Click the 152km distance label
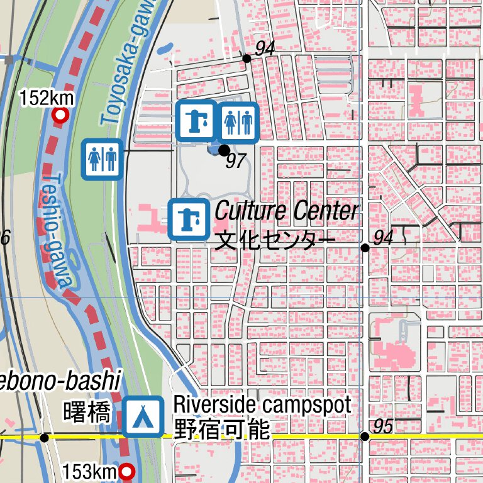[x=47, y=99]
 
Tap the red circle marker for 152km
[x=61, y=116]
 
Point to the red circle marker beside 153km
[x=128, y=471]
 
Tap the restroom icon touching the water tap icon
[x=238, y=121]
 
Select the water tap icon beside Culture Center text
[x=189, y=219]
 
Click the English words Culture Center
[x=287, y=211]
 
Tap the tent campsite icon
[x=143, y=416]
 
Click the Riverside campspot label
[x=262, y=404]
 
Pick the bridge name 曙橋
[x=87, y=413]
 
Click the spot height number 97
[x=235, y=161]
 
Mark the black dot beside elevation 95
[x=365, y=436]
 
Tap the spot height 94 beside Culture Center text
[x=383, y=237]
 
